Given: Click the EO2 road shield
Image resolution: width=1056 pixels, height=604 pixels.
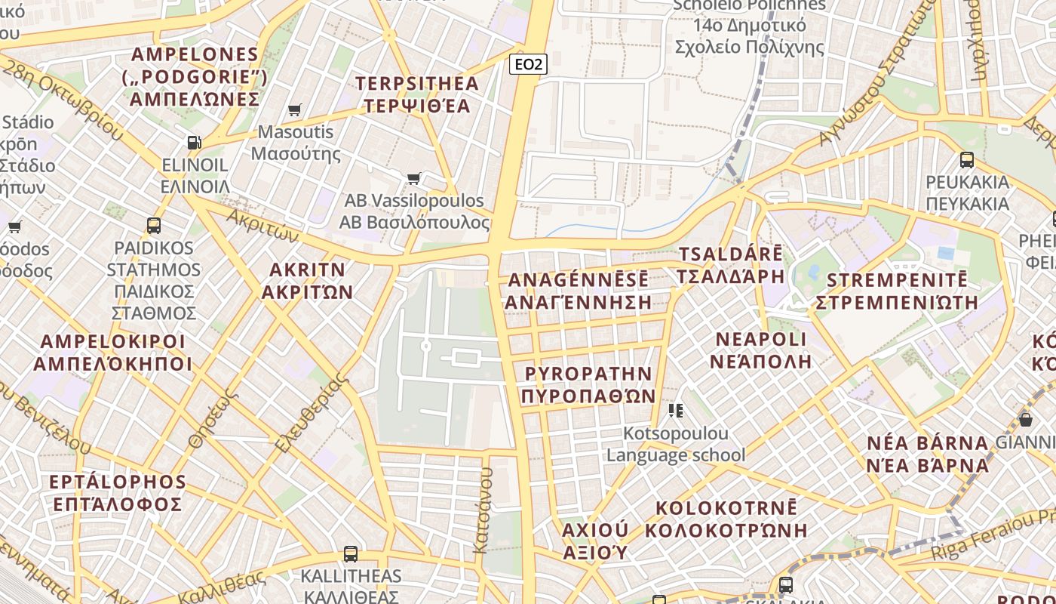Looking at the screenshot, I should (x=527, y=64).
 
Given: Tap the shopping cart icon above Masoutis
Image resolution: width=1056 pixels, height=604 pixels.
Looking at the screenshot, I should (x=295, y=110).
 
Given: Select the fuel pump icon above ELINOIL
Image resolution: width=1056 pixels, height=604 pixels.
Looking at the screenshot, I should (x=194, y=142).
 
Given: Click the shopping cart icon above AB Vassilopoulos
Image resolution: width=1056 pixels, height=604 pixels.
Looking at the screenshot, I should (x=413, y=179).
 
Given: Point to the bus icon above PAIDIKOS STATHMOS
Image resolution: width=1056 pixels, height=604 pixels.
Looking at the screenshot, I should (x=154, y=225).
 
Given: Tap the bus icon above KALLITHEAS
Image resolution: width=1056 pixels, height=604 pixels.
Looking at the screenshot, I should (x=351, y=553).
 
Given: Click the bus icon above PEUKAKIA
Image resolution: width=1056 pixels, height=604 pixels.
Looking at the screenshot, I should (x=967, y=159).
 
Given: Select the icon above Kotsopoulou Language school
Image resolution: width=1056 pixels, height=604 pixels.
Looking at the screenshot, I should (x=675, y=411).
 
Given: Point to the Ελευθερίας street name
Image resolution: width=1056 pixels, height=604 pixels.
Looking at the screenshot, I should (x=311, y=414).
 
